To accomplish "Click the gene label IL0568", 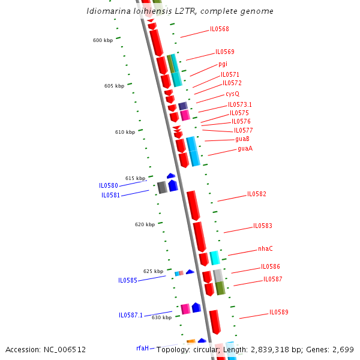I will [219, 29].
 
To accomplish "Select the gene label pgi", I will [223, 64].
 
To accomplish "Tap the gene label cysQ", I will [232, 94].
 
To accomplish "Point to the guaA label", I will [245, 149].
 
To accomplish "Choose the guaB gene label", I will [242, 139].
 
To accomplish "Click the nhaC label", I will [265, 248].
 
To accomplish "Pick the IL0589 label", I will [278, 313].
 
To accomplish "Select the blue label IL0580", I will [109, 186].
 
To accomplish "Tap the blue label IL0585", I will [128, 280].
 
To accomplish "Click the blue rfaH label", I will [142, 348].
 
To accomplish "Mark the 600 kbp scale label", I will [103, 41].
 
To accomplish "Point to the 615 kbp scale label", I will [135, 178].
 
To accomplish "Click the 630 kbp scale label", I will [161, 317].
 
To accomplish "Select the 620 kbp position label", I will [145, 224].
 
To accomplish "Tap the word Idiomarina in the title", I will [106, 11].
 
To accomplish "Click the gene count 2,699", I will [343, 349].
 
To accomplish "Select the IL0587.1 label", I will [131, 315].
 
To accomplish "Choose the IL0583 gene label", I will [262, 226].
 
